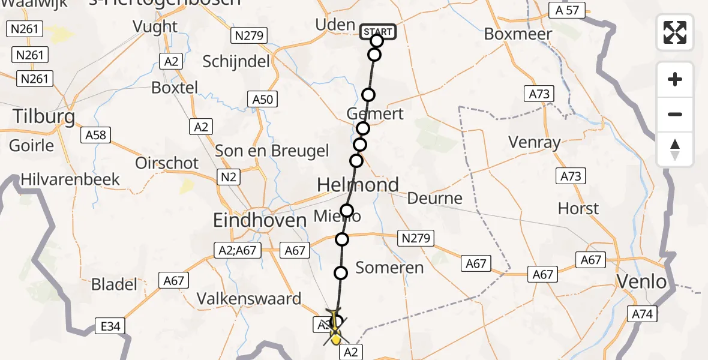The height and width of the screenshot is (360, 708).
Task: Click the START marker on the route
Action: coord(378,32)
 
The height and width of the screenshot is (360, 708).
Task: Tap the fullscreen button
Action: coord(675,32)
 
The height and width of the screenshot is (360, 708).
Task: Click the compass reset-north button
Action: coord(675,149)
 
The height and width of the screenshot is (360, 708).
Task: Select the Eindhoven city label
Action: coord(260,220)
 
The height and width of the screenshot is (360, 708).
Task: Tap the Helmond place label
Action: coord(358,185)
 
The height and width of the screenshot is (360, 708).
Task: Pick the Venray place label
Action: coord(534,142)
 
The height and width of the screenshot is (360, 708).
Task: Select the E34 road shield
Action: coord(110,327)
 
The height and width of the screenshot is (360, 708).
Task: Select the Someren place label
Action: coord(389,268)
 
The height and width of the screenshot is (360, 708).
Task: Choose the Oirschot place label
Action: coord(166,163)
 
